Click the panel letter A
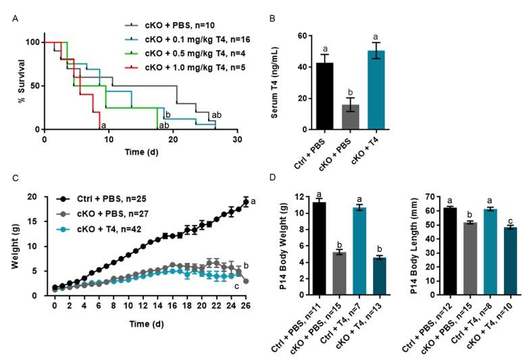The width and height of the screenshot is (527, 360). (x=16, y=18)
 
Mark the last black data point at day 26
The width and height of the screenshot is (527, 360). (x=247, y=201)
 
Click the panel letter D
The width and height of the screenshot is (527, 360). (x=272, y=179)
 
